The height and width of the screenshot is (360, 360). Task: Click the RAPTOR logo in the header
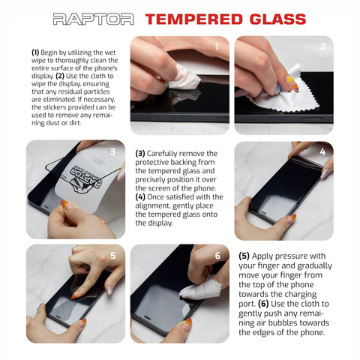93,19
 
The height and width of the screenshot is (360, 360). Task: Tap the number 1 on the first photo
217,46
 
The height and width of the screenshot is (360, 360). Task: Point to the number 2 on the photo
322,46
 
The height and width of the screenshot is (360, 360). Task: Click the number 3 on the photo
112,151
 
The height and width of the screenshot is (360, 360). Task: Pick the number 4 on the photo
322,151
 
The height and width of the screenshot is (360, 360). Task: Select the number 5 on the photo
112,255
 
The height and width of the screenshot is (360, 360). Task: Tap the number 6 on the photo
217,255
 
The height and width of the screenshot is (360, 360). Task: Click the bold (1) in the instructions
35,52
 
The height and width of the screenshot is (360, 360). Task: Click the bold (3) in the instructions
140,153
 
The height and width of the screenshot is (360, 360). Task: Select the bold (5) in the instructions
244,255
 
